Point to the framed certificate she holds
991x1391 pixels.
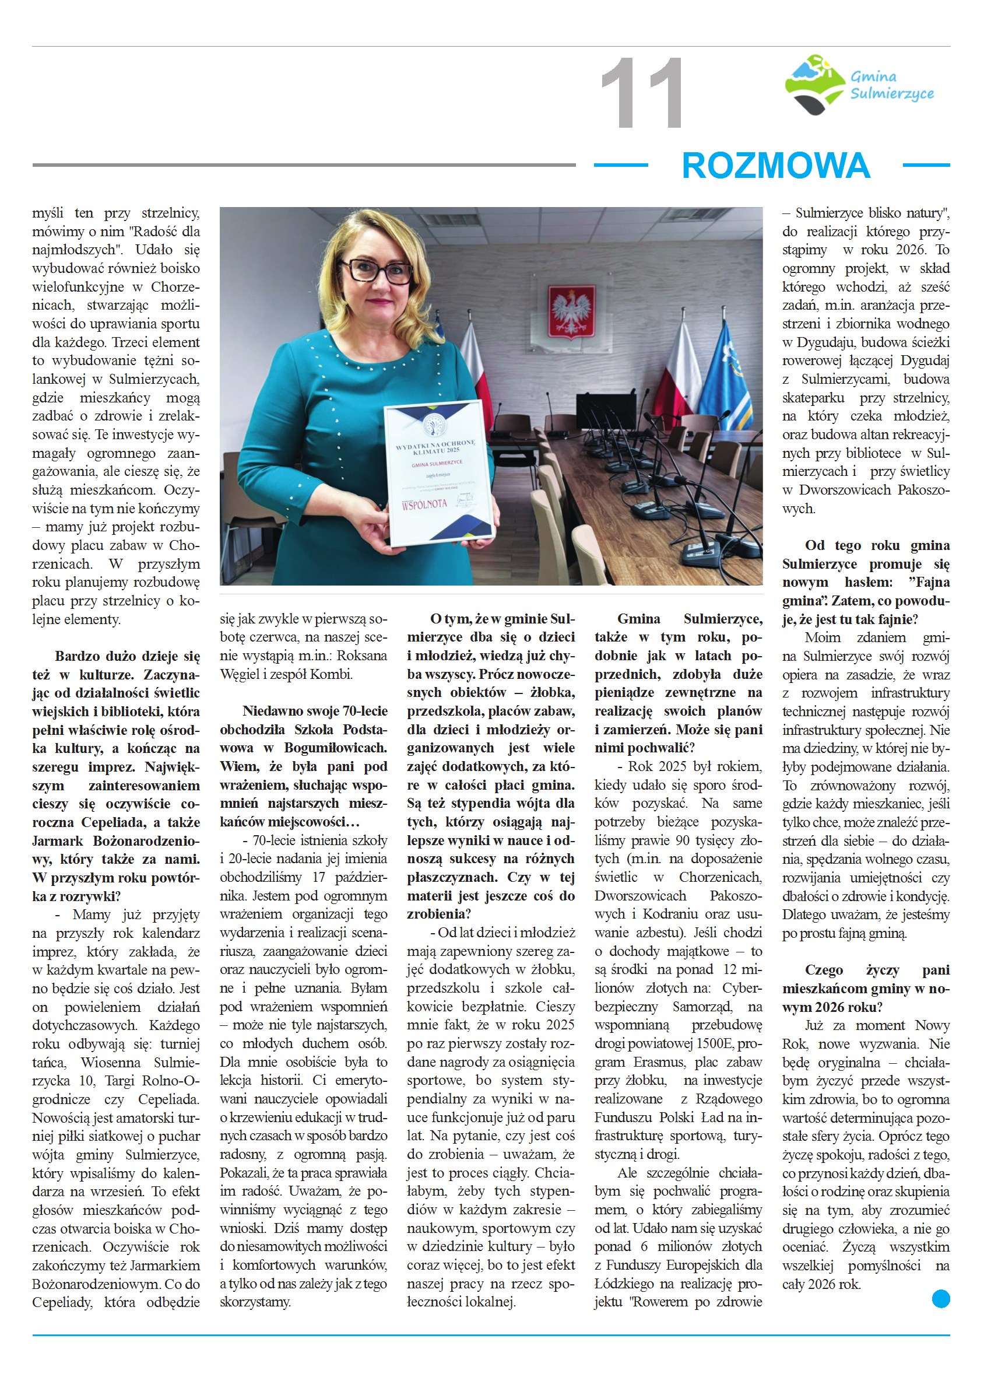[x=439, y=473]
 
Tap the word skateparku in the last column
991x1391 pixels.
[x=813, y=397]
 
